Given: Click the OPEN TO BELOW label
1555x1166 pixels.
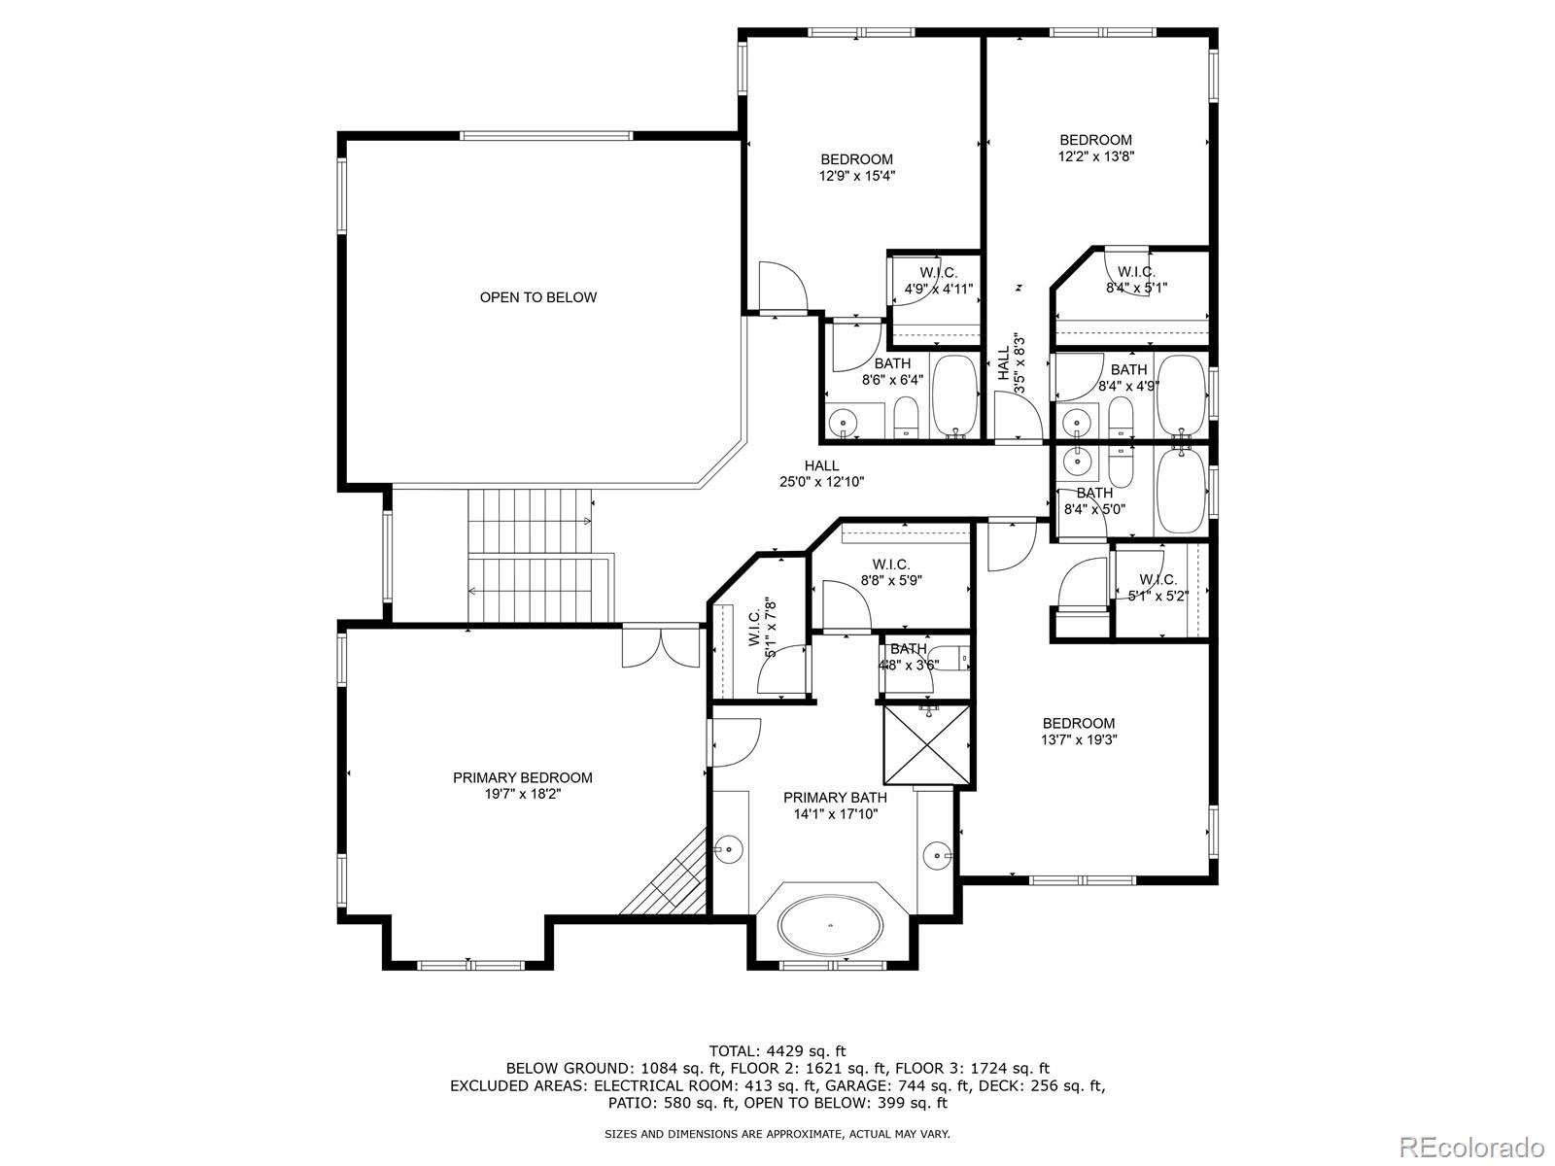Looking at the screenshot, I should point(537,297).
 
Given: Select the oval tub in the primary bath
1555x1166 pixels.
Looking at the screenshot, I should point(831,924).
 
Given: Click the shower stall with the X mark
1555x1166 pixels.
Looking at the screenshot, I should point(926,744).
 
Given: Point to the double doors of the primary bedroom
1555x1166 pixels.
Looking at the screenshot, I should point(660,647).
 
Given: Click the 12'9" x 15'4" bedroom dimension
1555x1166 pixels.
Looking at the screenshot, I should point(856,176).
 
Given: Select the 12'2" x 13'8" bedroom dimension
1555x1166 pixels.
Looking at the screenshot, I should point(1095,155).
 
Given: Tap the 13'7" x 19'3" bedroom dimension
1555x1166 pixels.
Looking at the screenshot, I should point(1078,739).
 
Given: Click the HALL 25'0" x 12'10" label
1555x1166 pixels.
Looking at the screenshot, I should point(821,474).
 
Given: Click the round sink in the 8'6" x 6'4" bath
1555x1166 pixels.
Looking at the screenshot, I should point(843,423).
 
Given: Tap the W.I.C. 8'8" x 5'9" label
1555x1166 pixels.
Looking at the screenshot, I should point(890,572).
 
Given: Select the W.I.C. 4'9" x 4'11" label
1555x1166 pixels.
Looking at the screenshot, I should point(938,281).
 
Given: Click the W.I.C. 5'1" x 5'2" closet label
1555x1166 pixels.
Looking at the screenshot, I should point(1158,588).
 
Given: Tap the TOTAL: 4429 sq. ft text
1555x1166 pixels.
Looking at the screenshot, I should point(777,1050).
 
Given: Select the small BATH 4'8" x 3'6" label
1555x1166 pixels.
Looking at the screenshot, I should point(909,657).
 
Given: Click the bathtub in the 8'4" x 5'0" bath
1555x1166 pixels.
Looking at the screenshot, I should point(1181,490).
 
